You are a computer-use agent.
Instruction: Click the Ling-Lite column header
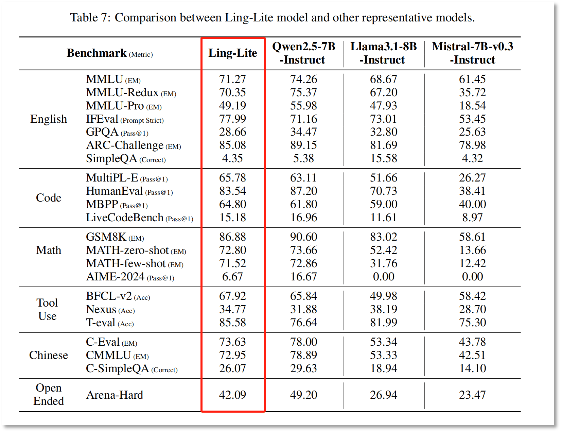point(232,53)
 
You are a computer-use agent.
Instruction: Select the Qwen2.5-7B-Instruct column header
point(303,53)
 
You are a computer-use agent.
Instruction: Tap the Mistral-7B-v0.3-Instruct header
point(472,53)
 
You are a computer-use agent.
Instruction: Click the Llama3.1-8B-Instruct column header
point(383,53)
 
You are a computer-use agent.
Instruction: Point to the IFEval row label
point(102,119)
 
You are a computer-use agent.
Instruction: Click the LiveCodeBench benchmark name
point(125,218)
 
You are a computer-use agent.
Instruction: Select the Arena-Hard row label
point(115,395)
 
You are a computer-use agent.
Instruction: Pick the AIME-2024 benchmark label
point(115,277)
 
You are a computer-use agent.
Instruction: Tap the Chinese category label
point(49,355)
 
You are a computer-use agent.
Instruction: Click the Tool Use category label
point(48,309)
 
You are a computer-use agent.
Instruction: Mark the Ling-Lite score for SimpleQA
point(232,158)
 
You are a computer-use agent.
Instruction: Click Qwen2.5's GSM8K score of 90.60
point(303,237)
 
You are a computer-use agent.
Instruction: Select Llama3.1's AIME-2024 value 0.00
point(383,277)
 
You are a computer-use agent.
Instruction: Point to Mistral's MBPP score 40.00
point(472,204)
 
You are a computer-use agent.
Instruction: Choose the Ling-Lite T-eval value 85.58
point(232,323)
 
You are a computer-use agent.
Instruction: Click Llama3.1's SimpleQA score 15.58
point(383,158)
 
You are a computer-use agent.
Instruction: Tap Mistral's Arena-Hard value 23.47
point(472,395)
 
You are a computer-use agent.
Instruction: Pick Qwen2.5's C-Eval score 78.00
point(303,342)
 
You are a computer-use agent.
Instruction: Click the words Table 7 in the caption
point(90,18)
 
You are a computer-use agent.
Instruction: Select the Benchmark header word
point(97,53)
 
